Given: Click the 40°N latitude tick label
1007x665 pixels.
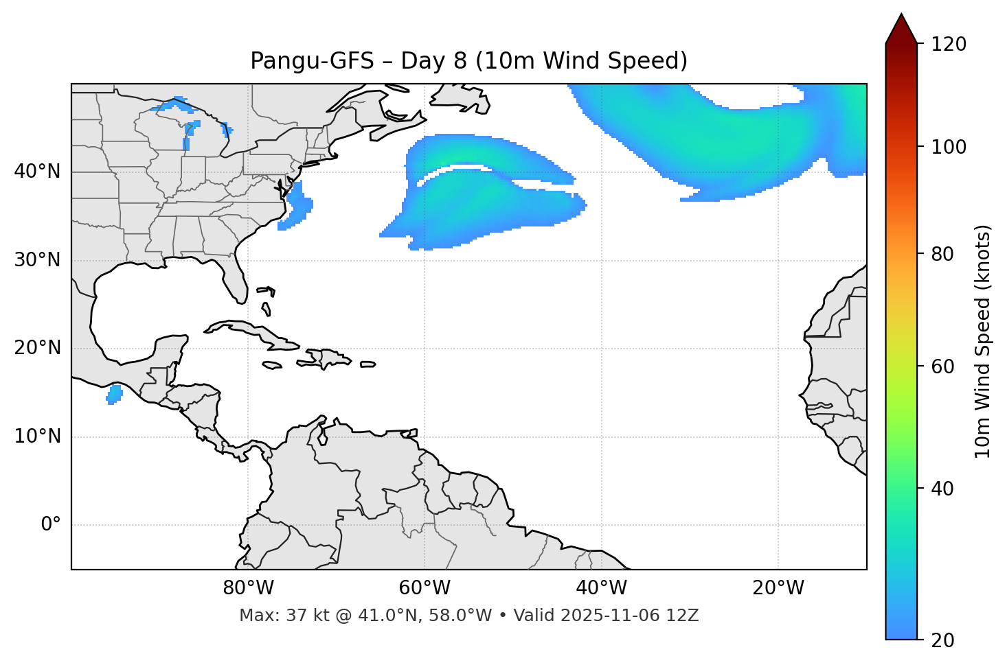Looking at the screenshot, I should tap(37, 172).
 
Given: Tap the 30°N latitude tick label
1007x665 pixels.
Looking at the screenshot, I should tap(37, 260).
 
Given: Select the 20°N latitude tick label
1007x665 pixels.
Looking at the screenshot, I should tap(37, 348).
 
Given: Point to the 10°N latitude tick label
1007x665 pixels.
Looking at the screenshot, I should tap(37, 436).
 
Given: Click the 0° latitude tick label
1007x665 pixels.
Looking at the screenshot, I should tap(51, 525).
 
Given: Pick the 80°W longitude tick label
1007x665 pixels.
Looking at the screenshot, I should tap(248, 588).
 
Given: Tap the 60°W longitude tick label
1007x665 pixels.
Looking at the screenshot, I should tap(425, 588).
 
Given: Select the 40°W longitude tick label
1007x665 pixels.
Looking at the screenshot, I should tap(601, 588).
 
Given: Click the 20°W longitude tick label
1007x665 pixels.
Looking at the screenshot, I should tap(778, 588).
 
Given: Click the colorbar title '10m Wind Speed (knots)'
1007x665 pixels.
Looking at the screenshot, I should tap(983, 341).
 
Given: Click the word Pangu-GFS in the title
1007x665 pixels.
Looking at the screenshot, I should tap(312, 61).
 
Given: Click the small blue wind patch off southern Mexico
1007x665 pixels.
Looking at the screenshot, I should tap(114, 394).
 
